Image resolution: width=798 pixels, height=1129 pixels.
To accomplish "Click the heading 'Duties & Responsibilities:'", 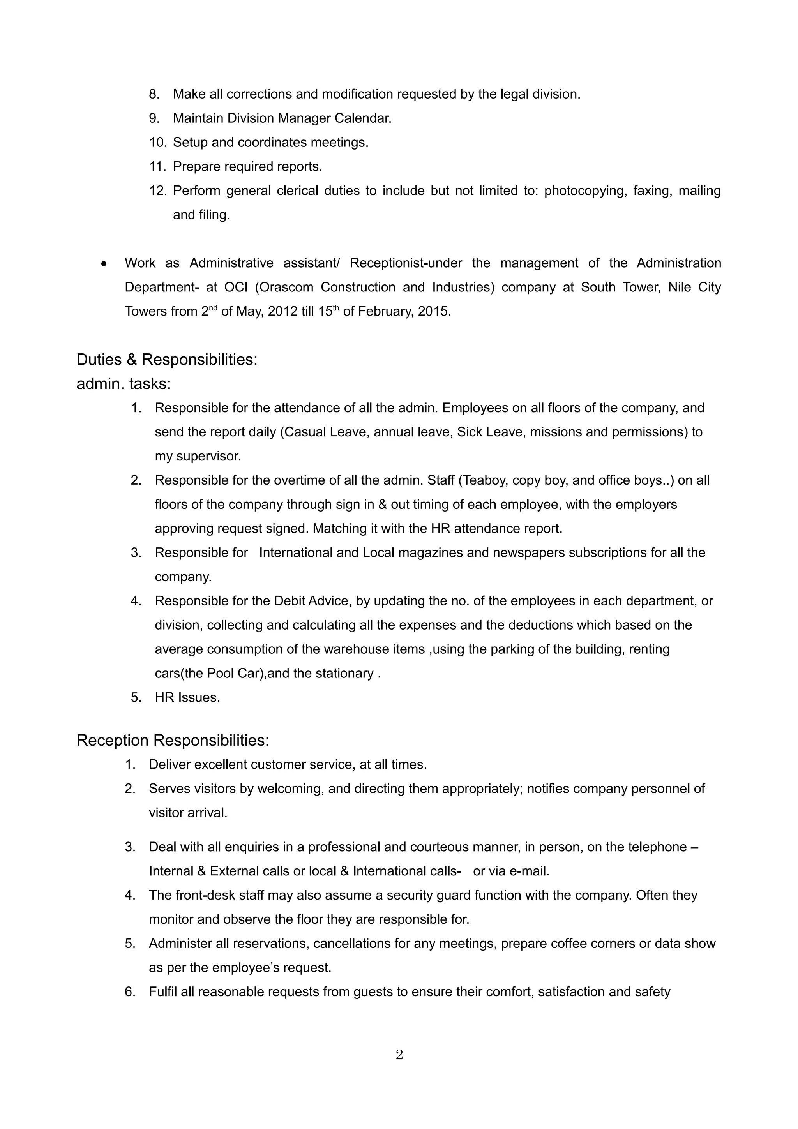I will pyautogui.click(x=167, y=360).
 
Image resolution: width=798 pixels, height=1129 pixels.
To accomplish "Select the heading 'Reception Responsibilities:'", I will pyautogui.click(x=173, y=740).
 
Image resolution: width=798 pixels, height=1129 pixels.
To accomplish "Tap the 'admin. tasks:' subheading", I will pyautogui.click(x=124, y=384).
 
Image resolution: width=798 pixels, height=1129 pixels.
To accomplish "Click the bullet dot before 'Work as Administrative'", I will pyautogui.click(x=104, y=264).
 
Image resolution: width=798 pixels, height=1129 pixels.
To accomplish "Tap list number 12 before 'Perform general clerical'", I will pyautogui.click(x=158, y=191).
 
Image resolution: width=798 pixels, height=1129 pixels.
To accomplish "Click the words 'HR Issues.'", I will pyautogui.click(x=187, y=698).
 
